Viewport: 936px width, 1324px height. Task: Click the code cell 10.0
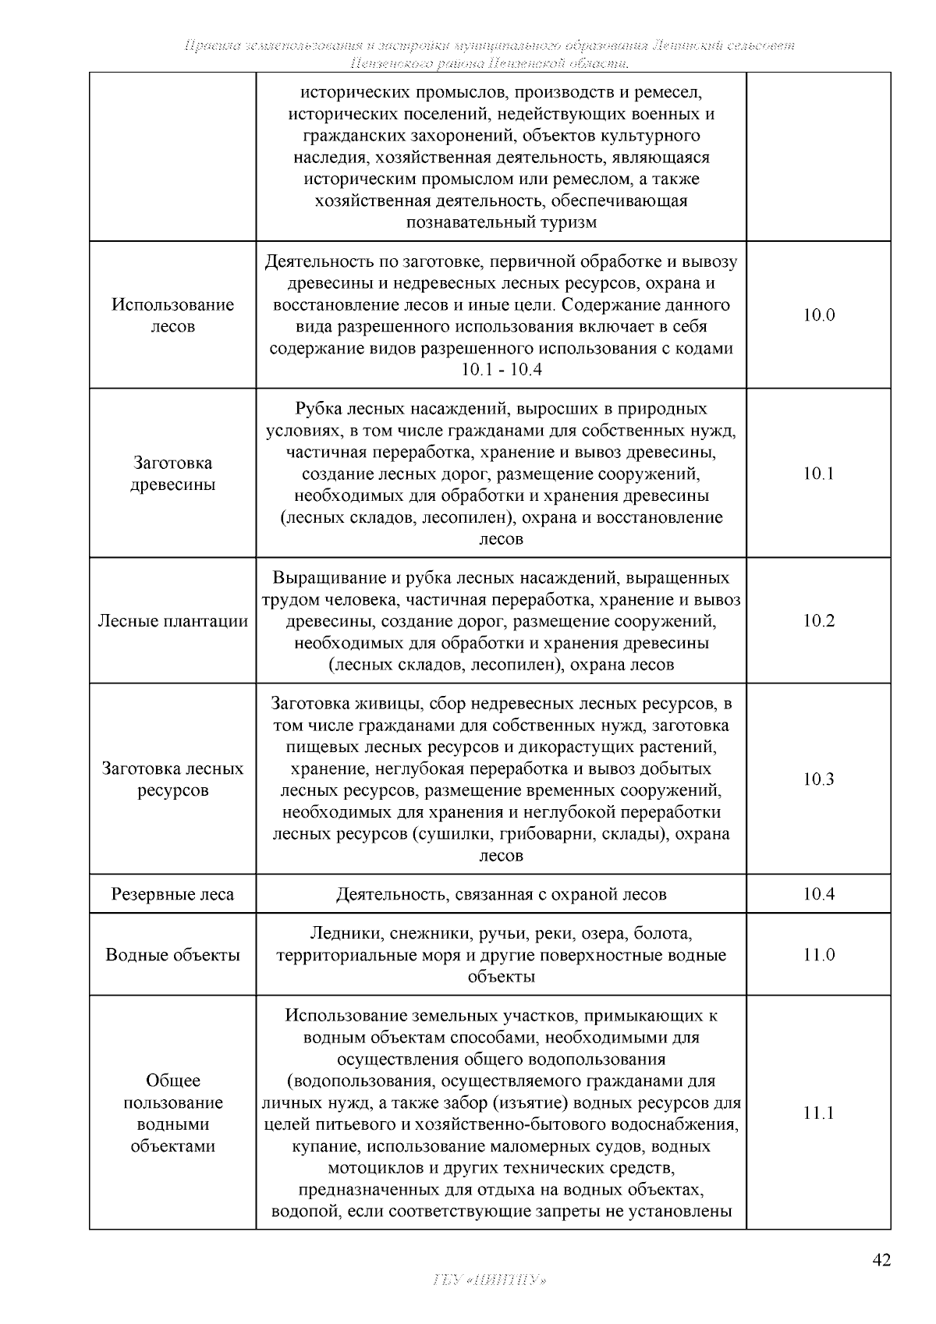pos(818,315)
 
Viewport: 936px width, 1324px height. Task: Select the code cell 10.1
pos(818,474)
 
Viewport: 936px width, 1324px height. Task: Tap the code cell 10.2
pos(818,621)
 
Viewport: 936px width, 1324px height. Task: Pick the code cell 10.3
pos(818,779)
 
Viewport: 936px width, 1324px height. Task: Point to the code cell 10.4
pos(818,894)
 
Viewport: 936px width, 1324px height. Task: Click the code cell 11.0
pos(818,955)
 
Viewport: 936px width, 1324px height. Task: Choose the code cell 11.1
pos(818,1113)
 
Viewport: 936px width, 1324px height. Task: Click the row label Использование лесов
pos(172,315)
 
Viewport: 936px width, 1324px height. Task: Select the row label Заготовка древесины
pos(172,474)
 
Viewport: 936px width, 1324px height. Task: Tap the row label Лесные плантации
pos(172,621)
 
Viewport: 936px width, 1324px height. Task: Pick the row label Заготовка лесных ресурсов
pos(172,779)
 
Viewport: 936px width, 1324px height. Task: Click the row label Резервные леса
pos(172,894)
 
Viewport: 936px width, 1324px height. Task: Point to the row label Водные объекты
pos(172,955)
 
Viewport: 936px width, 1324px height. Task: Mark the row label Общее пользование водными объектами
pos(172,1113)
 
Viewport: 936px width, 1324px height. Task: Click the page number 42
pos(881,1260)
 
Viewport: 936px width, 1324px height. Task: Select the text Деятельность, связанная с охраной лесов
pos(501,894)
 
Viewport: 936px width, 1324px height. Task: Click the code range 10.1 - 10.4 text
pos(501,370)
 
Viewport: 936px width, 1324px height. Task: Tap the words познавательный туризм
pos(501,223)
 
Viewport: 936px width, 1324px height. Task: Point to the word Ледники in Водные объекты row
pos(339,933)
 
